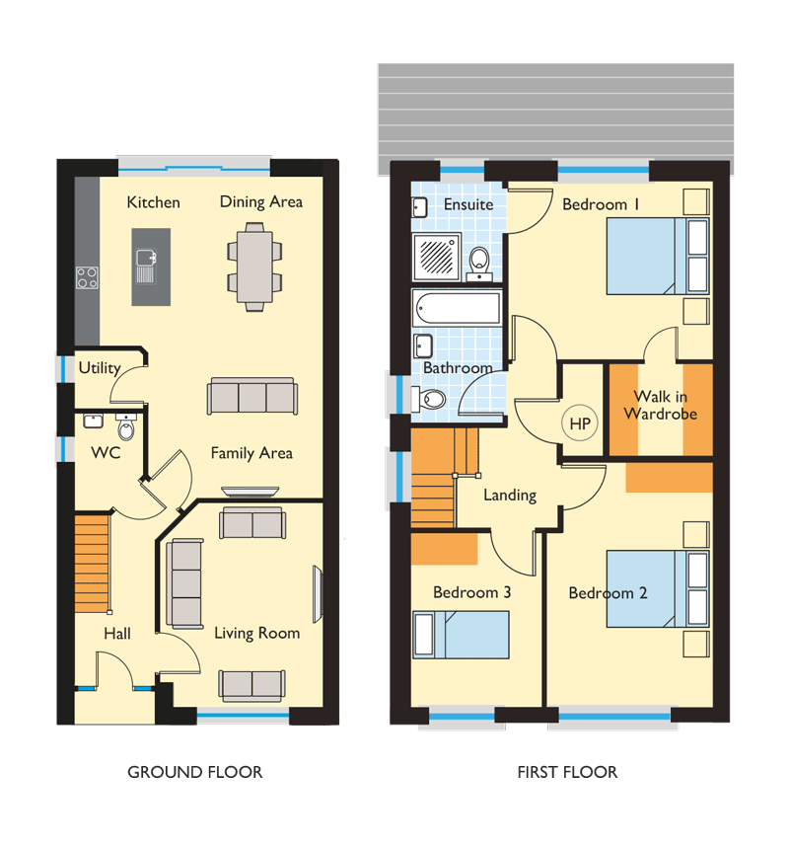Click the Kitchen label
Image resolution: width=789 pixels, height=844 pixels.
pyautogui.click(x=153, y=202)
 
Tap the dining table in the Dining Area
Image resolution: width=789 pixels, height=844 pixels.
pyautogui.click(x=254, y=267)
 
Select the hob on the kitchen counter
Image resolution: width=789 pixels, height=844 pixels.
pyautogui.click(x=87, y=277)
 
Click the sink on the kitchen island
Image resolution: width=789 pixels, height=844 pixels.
pyautogui.click(x=146, y=266)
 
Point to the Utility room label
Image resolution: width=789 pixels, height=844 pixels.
pyautogui.click(x=100, y=368)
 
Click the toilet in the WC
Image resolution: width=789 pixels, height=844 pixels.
pyautogui.click(x=126, y=427)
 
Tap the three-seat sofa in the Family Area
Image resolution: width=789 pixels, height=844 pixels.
pyautogui.click(x=252, y=396)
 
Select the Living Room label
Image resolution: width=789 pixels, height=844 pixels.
pyautogui.click(x=257, y=633)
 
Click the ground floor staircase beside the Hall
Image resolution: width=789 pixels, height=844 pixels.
pyautogui.click(x=93, y=564)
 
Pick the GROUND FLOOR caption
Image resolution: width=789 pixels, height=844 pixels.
pyautogui.click(x=195, y=772)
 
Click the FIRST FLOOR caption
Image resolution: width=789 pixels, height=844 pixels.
pyautogui.click(x=567, y=772)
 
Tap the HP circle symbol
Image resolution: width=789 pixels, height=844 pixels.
pyautogui.click(x=580, y=423)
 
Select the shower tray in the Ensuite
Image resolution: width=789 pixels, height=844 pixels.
pyautogui.click(x=436, y=257)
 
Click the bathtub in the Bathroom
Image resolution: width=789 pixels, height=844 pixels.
pyautogui.click(x=458, y=308)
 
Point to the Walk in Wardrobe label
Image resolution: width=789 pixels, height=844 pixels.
pyautogui.click(x=661, y=405)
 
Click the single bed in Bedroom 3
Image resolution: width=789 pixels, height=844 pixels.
pyautogui.click(x=461, y=635)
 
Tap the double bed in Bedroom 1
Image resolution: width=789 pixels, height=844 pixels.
pyautogui.click(x=658, y=256)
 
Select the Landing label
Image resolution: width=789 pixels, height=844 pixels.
pyautogui.click(x=510, y=495)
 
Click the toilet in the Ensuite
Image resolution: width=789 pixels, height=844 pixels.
pyautogui.click(x=479, y=264)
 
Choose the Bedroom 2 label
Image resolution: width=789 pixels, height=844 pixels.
pyautogui.click(x=608, y=592)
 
